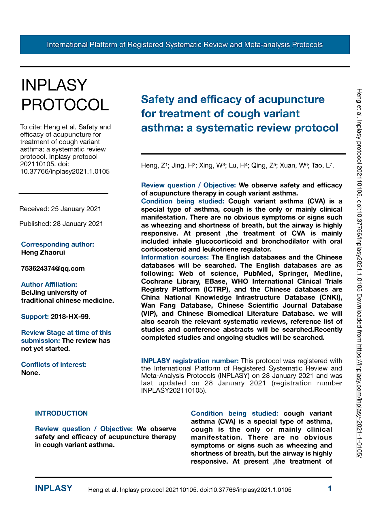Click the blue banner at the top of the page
click(185, 45)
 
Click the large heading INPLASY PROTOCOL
click(65, 95)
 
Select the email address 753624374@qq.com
click(53, 269)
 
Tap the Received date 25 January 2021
click(76, 209)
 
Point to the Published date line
click(61, 224)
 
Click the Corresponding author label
click(58, 245)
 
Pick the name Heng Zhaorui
click(43, 253)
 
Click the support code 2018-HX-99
click(70, 317)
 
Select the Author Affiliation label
click(49, 285)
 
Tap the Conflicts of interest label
click(54, 365)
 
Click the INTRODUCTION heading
click(61, 413)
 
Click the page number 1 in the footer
click(330, 488)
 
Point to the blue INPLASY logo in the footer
click(54, 488)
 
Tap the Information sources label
click(175, 257)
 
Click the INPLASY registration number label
click(190, 361)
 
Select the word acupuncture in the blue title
click(291, 99)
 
